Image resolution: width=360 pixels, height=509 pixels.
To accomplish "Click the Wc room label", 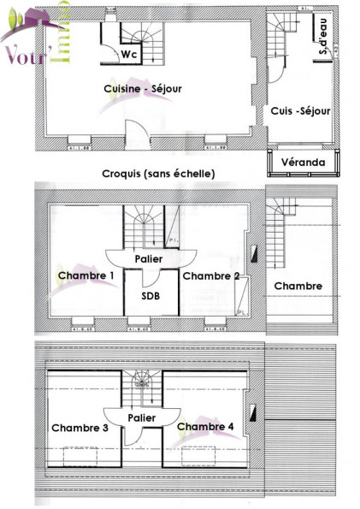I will tap(130, 54).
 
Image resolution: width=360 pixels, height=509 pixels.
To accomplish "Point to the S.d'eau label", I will tap(324, 43).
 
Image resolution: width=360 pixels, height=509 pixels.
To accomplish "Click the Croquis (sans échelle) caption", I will tap(158, 174).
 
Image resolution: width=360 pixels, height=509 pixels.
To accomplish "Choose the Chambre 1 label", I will tap(86, 275).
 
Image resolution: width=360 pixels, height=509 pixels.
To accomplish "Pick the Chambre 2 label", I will tap(210, 275).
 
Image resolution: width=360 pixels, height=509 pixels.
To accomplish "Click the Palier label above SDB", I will tap(151, 257).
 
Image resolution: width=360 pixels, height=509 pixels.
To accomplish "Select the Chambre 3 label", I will tap(80, 427).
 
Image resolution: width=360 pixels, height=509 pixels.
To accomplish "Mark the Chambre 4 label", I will tap(204, 426).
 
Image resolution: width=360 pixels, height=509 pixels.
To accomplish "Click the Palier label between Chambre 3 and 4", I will tap(142, 417).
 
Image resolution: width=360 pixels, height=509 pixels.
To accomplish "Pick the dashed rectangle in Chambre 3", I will tap(84, 455).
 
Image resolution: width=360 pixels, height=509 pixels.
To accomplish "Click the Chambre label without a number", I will tap(298, 287).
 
